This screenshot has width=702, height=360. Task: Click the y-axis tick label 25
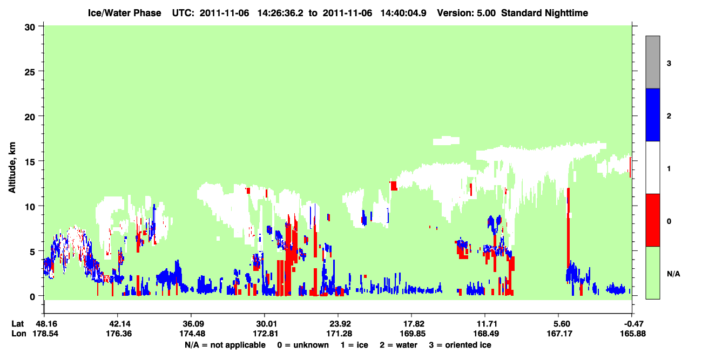tap(30, 72)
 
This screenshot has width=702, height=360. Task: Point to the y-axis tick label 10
tap(30, 207)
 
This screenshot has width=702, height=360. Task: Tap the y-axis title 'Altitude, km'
tap(12, 168)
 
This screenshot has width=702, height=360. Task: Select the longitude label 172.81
tap(266, 334)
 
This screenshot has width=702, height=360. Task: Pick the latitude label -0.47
tap(633, 324)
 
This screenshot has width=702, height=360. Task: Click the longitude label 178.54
tap(45, 334)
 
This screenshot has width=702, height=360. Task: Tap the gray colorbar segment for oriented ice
tap(652, 62)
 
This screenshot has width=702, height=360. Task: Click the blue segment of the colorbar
tap(652, 114)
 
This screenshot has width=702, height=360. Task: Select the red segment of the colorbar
tap(652, 220)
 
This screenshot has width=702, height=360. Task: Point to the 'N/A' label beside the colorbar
tap(673, 274)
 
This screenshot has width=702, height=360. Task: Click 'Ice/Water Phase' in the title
tap(124, 13)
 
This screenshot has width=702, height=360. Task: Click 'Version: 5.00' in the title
tap(467, 13)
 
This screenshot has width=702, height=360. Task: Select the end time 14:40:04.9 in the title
tap(403, 13)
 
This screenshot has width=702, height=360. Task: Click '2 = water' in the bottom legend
tap(399, 345)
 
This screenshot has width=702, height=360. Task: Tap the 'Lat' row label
tap(17, 324)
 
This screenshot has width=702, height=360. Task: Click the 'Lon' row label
tap(19, 334)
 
